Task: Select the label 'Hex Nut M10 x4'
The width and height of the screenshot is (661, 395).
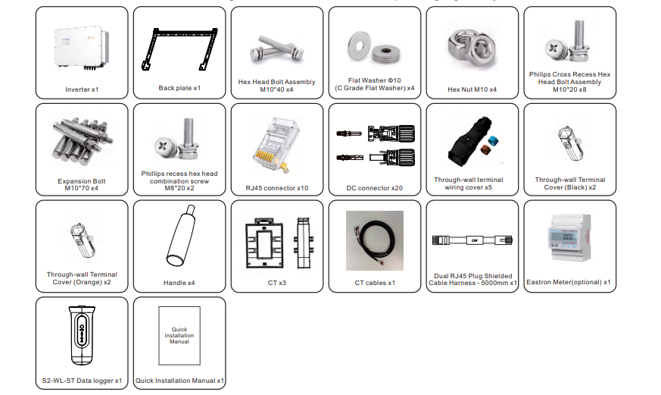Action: coord(472,89)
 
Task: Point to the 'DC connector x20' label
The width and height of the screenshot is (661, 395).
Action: coord(374,187)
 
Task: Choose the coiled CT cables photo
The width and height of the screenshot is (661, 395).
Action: coord(374,239)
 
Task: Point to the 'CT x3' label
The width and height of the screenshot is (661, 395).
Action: coord(276,283)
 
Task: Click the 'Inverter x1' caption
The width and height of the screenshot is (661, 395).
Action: coord(82,89)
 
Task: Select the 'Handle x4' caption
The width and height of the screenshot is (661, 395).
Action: coord(179,283)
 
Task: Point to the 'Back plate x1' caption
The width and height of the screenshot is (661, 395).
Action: coord(179,89)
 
